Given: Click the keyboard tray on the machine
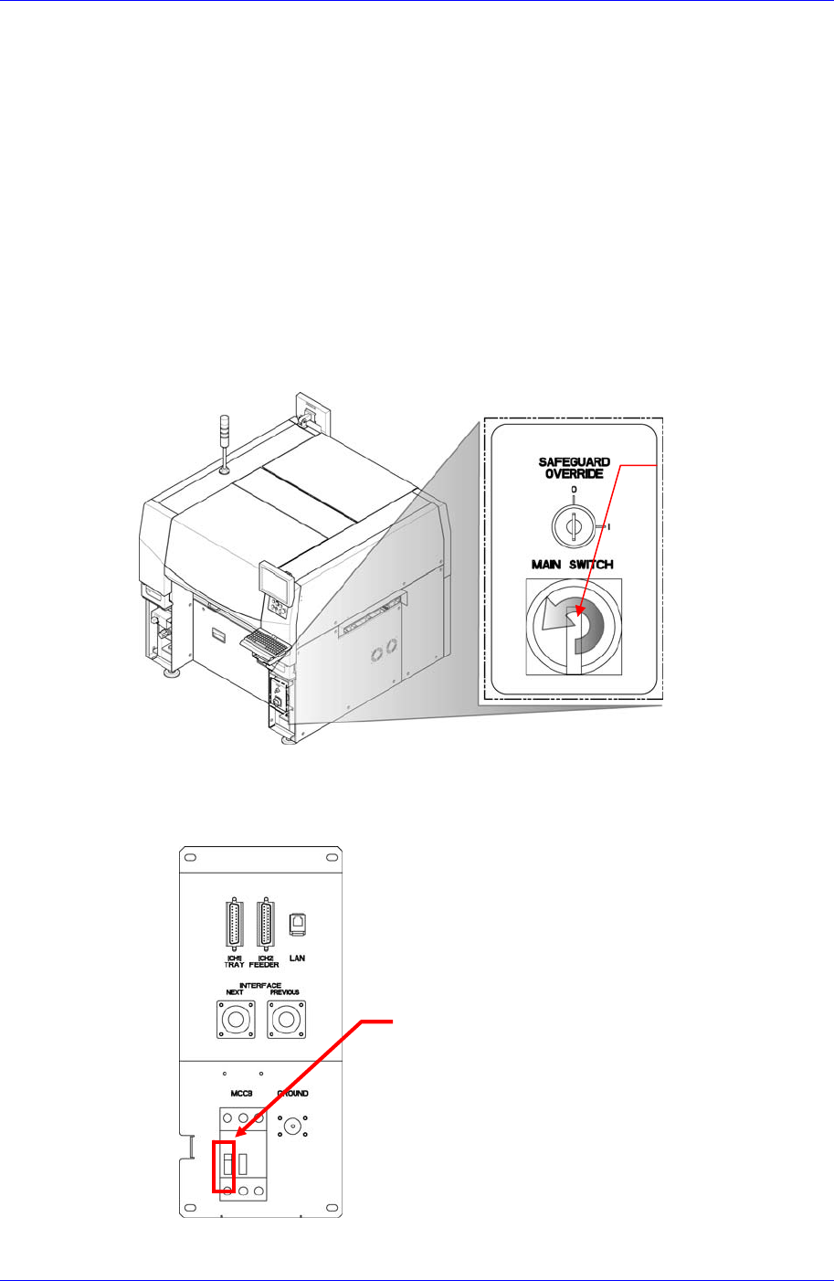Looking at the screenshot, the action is [x=266, y=645].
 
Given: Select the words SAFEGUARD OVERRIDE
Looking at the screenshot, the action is [x=574, y=468].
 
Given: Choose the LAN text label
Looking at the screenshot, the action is [x=297, y=958].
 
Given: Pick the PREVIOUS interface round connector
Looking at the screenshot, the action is [x=285, y=1019].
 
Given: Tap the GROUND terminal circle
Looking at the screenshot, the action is [x=292, y=1127].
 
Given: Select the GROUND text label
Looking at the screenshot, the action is [x=292, y=1094].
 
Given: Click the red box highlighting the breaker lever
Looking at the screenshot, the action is [x=224, y=1166].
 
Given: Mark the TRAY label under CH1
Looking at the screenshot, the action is [x=233, y=959].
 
